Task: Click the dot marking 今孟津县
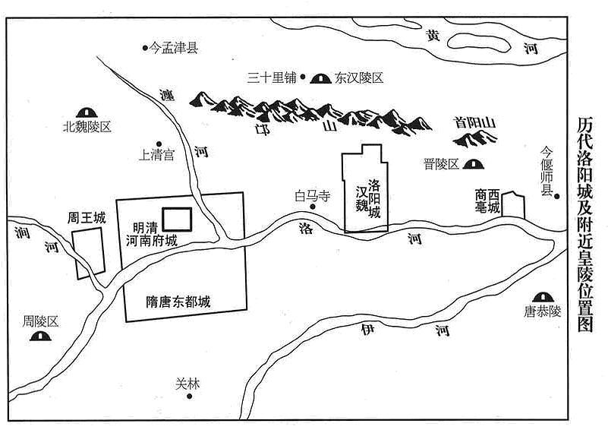(145, 48)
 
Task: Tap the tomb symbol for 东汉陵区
(320, 79)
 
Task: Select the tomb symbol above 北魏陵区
(86, 112)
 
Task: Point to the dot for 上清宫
(159, 144)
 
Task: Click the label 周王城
(87, 218)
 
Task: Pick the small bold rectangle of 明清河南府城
(177, 220)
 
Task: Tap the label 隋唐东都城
(178, 302)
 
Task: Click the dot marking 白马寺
(312, 207)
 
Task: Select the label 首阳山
(475, 123)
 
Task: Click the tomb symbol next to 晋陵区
(474, 165)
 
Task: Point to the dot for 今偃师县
(557, 197)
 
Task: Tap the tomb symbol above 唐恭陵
(543, 297)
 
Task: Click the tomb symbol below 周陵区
(40, 336)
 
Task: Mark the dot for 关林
(190, 396)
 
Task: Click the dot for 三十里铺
(303, 77)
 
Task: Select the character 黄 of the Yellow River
(433, 36)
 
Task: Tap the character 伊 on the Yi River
(367, 330)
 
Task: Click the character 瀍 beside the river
(168, 95)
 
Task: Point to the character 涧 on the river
(22, 232)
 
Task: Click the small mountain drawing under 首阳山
(475, 139)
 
